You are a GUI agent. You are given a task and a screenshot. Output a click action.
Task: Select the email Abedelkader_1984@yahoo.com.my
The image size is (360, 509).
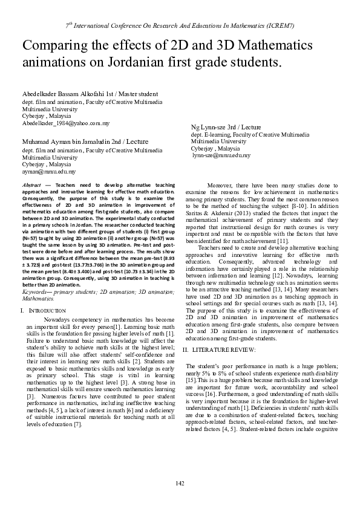point(66,123)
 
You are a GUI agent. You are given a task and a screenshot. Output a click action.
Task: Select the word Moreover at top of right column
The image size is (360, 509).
point(220,184)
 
